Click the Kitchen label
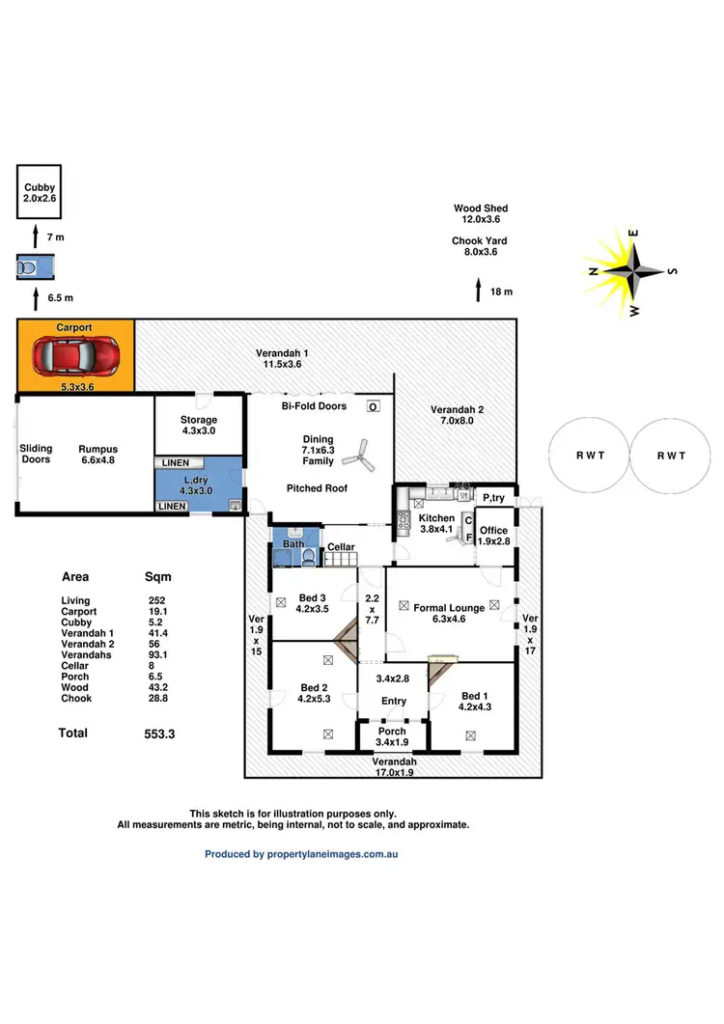pos(436,518)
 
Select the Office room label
pos(493,530)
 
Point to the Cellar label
pos(342,547)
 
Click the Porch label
pos(392,731)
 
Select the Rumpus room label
pos(98,455)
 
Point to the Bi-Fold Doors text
pos(314,407)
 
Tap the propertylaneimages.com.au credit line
pos(301,854)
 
